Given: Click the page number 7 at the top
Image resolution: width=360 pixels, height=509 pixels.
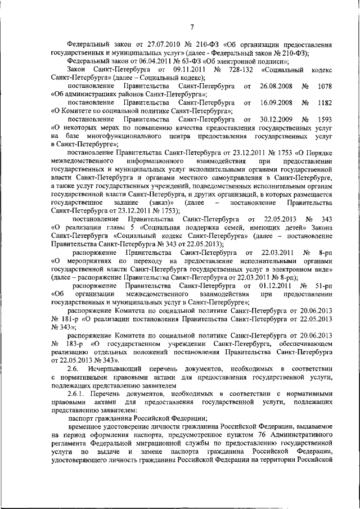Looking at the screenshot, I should click(191, 26).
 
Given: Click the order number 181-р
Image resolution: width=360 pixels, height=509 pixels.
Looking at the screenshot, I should click(67, 318).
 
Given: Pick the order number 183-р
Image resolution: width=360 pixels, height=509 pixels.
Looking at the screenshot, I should click(69, 343).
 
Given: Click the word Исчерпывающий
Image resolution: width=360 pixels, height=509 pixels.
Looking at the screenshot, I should click(119, 368).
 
